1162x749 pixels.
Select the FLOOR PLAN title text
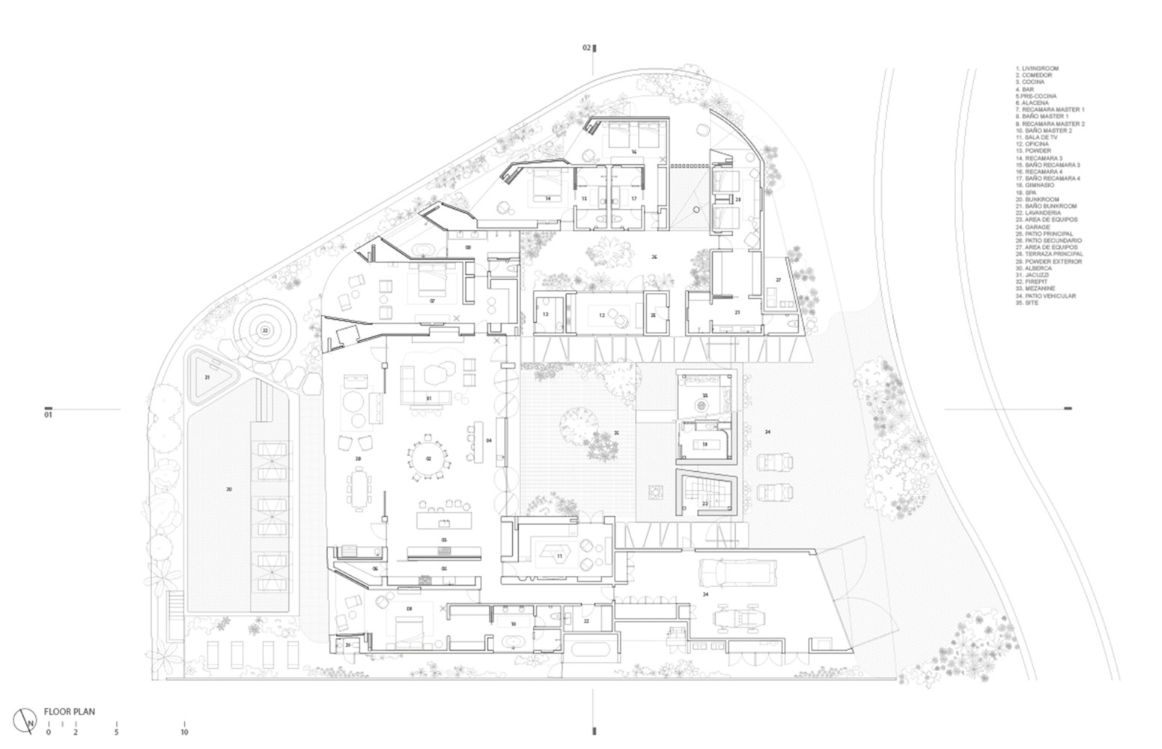pos(69,712)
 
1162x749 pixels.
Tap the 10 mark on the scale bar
pos(184,732)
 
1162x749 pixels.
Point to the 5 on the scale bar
pos(117,732)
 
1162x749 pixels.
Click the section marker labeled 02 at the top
pos(589,48)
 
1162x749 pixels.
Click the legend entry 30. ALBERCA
pos(1034,268)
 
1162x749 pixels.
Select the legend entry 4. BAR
pos(1024,89)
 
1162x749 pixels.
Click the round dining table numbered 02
pos(429,458)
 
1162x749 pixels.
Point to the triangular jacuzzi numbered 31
pos(207,377)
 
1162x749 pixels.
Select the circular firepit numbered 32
pos(264,330)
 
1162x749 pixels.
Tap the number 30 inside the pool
pos(229,489)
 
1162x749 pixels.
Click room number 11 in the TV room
pos(559,556)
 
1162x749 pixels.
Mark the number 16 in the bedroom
pos(633,152)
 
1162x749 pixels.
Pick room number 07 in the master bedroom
pos(432,300)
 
